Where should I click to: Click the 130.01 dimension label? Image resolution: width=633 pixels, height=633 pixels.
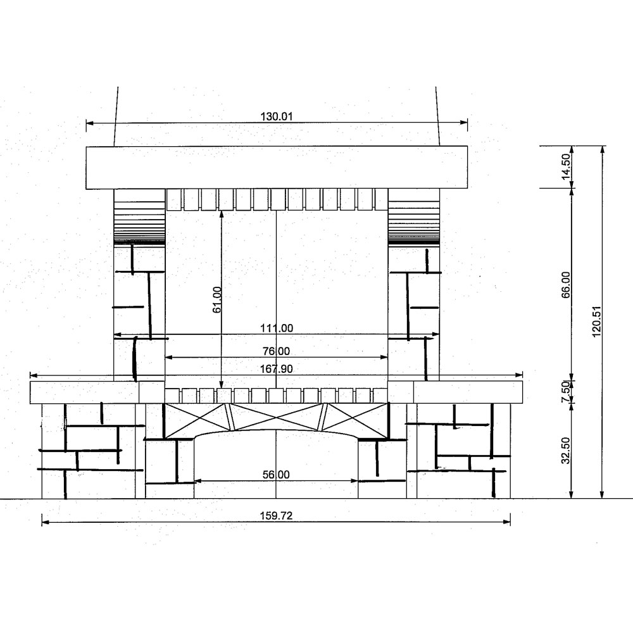276,116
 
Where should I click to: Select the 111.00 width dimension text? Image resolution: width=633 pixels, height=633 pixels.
277,328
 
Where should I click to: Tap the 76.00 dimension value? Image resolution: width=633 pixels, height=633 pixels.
277,351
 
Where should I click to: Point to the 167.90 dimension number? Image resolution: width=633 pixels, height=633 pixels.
277,369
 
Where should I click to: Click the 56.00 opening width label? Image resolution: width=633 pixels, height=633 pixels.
276,475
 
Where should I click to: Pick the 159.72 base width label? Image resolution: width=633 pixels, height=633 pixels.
276,516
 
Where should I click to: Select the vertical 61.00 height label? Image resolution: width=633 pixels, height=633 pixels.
216,299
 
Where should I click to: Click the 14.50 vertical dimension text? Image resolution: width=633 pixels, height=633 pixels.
566,166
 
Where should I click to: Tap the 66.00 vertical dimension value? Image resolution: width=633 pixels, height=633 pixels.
566,285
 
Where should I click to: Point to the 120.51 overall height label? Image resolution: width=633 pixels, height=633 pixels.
597,322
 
